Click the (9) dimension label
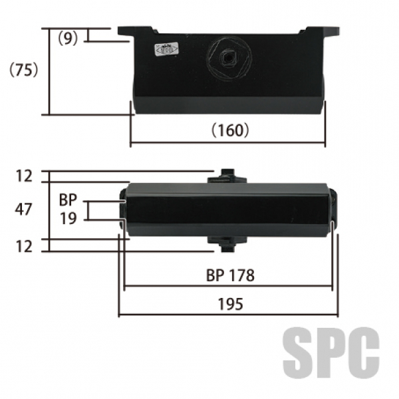(68, 39)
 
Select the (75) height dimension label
(24, 70)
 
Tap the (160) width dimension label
(230, 130)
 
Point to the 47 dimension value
(23, 209)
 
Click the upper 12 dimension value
(24, 176)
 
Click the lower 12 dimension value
(24, 247)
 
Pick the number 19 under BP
(68, 218)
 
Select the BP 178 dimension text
(230, 275)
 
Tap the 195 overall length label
(231, 304)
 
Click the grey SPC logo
(331, 353)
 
